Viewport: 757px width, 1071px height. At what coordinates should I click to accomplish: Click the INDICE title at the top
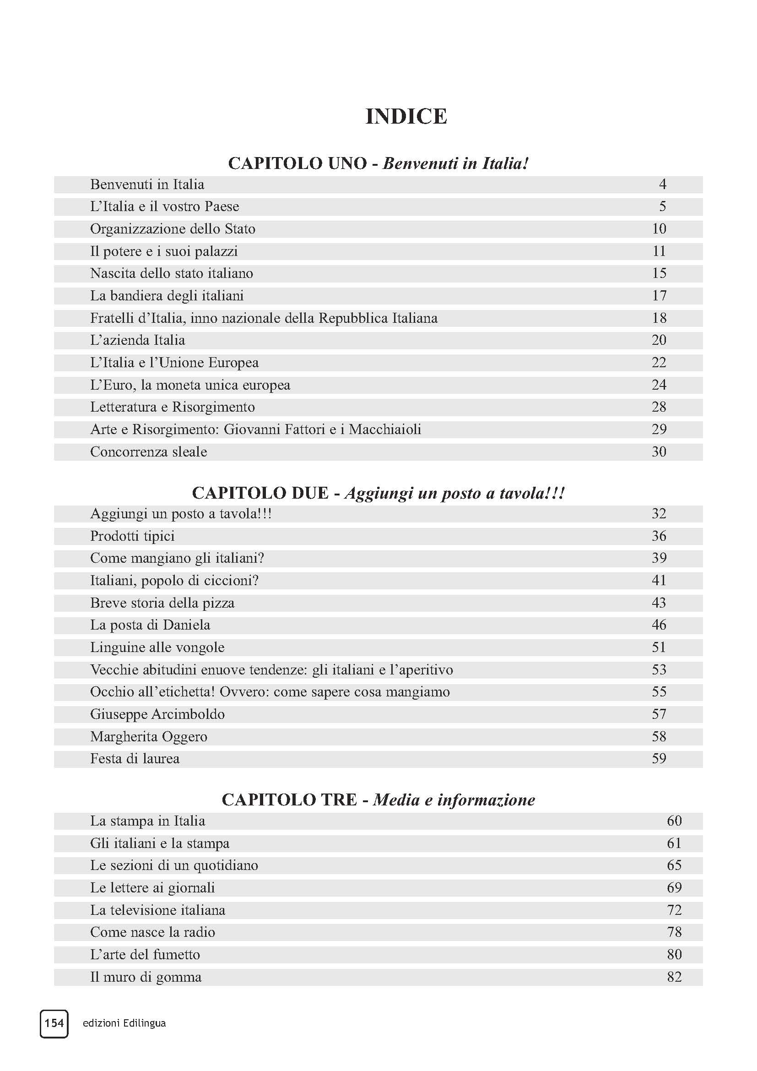coord(406,117)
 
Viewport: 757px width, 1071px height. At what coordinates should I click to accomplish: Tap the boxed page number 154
coord(54,1023)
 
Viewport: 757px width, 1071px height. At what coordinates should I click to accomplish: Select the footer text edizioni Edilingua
coord(124,1023)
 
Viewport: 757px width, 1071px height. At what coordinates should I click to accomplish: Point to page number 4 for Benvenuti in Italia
coord(662,184)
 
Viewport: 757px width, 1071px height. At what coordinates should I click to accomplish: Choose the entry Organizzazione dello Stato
coord(173,229)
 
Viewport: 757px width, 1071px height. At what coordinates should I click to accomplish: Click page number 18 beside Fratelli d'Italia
coord(659,318)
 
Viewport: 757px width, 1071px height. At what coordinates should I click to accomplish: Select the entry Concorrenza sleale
coord(148,451)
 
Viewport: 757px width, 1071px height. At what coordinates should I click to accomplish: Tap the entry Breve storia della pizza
coord(162,603)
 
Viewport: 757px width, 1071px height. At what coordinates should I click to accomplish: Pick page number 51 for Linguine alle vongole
coord(659,647)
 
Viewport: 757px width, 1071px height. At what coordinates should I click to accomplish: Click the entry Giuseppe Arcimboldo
coord(157,714)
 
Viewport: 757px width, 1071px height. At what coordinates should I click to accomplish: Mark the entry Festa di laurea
coord(135,758)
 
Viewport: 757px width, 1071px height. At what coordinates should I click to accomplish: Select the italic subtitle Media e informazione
coord(454,799)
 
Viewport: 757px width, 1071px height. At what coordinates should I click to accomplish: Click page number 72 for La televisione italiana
coord(674,910)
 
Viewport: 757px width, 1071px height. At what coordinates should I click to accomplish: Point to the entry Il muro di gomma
coord(146,977)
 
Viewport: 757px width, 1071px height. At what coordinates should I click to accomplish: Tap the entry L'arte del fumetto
coord(145,954)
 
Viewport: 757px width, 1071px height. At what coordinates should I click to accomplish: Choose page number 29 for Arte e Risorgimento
coord(659,429)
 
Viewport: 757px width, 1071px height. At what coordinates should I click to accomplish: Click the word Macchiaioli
coord(384,429)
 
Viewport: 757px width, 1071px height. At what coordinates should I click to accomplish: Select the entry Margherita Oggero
coord(149,737)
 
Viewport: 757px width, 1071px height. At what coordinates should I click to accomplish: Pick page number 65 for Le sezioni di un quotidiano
coord(674,865)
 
